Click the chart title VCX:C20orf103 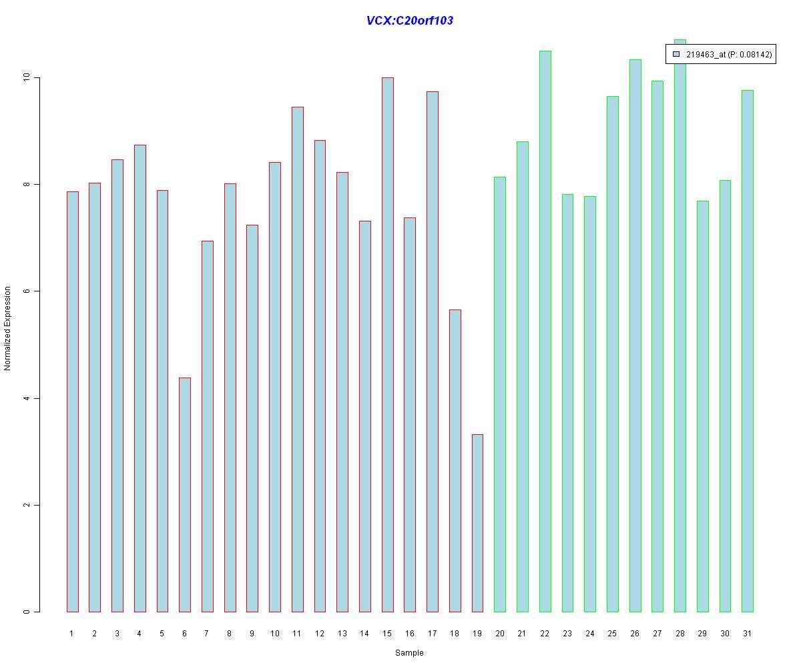tap(409, 21)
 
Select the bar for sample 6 tap(185, 494)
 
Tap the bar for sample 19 tap(477, 523)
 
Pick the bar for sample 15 tap(387, 344)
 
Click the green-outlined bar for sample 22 tap(545, 331)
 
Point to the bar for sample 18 tap(455, 460)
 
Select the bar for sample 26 tap(635, 336)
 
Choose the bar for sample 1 tap(72, 402)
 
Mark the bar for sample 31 tap(748, 351)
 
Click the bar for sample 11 tap(297, 359)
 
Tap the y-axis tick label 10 tap(27, 77)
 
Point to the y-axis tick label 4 tap(27, 398)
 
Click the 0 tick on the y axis tap(27, 612)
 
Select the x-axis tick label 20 tap(500, 634)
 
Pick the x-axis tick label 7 tap(207, 634)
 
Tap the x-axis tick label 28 tap(680, 634)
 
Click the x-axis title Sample tap(409, 653)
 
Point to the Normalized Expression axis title tap(8, 328)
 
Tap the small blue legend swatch tap(676, 54)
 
